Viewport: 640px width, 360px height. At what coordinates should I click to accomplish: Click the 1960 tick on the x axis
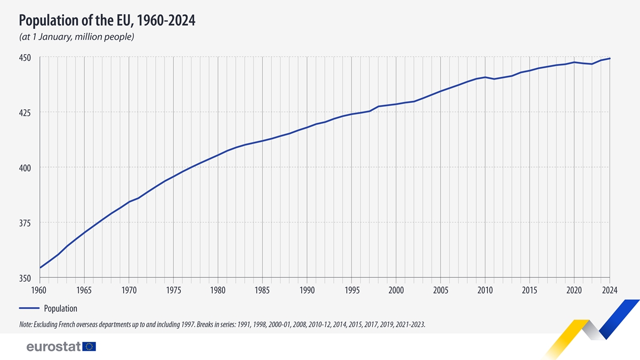pos(40,290)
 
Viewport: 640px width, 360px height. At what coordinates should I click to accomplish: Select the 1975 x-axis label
pos(173,290)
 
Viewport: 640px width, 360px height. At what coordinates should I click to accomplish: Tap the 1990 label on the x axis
pos(307,290)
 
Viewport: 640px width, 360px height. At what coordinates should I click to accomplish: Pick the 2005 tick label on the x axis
pos(440,290)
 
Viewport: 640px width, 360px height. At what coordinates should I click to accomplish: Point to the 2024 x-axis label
pos(609,290)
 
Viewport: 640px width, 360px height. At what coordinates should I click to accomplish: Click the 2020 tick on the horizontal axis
pos(574,290)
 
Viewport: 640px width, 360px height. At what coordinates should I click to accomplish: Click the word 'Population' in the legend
pos(60,308)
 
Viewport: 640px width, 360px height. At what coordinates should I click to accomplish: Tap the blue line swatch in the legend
pos(29,308)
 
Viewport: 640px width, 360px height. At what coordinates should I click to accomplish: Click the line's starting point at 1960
pos(41,268)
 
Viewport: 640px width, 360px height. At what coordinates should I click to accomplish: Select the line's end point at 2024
pos(610,59)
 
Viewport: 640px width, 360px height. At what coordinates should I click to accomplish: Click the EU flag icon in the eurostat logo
pos(89,347)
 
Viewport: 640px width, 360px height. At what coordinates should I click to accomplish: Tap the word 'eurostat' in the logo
pos(53,347)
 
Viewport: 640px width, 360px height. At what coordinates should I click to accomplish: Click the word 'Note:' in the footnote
pos(25,324)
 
